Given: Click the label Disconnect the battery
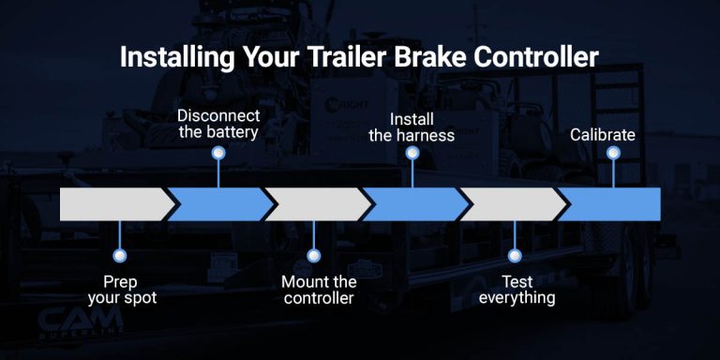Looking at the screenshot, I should point(217,124).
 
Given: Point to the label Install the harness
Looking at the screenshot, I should point(412,127).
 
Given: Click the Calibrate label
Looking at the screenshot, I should point(603,135).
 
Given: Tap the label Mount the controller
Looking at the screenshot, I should point(319,290).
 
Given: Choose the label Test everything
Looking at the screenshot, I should point(515,290).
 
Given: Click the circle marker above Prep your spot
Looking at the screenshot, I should point(118,254).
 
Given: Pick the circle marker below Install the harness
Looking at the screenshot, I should point(412,152).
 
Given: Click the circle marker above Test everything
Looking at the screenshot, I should point(514,254).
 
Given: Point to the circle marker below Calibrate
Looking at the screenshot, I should point(615,152).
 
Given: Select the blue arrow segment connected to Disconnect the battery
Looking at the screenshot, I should point(221,203).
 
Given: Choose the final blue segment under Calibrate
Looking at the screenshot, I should point(614,203).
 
